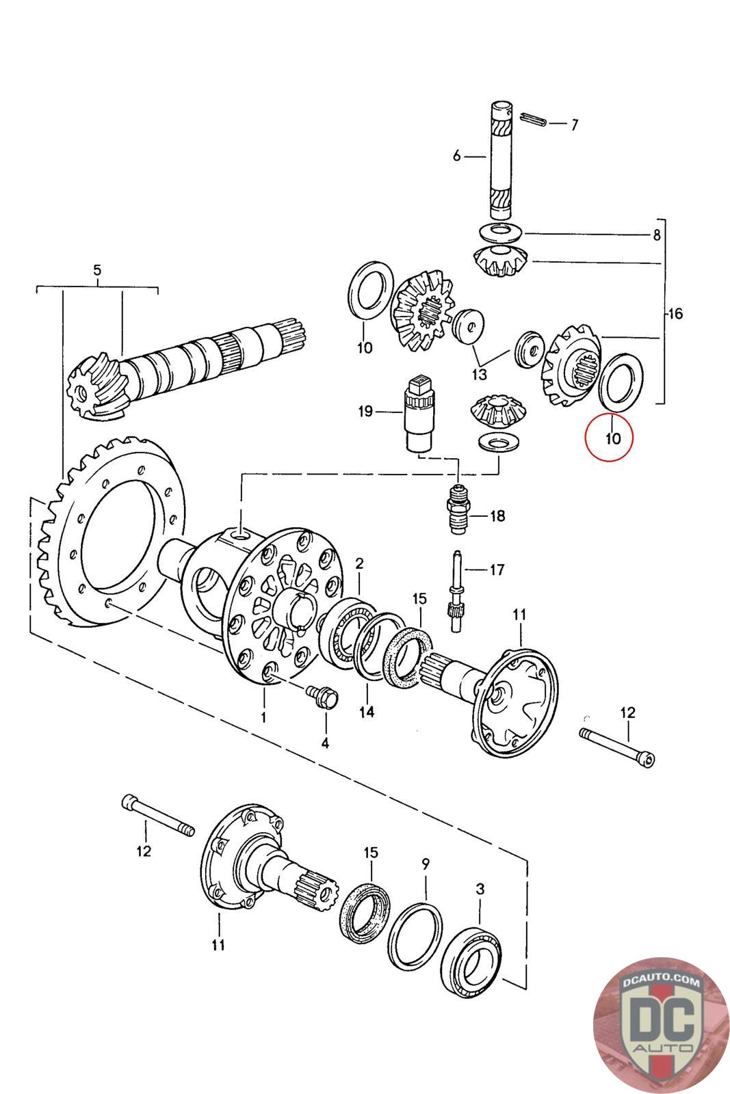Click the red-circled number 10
pos(612,438)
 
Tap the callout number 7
pos(574,124)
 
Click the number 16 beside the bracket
pos(675,314)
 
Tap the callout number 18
pos(497,516)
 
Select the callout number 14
pos(366,712)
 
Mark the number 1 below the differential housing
pos(263,717)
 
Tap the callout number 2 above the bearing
pos(359,564)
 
